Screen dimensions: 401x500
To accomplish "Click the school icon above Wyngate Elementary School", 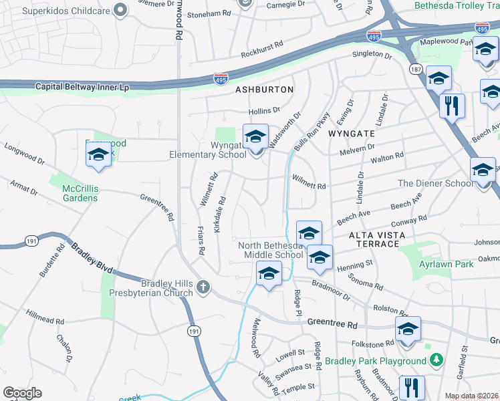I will tap(255, 138).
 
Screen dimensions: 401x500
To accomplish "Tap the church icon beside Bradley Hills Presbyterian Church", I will tap(203, 287).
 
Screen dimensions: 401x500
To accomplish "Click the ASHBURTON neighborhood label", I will tap(264, 89).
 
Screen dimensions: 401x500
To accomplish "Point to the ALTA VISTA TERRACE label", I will tap(374, 239).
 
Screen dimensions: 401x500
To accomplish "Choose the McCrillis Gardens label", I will tap(80, 193).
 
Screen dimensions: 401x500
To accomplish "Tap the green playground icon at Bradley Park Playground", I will tap(436, 361).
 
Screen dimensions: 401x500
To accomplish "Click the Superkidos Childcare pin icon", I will tap(120, 10).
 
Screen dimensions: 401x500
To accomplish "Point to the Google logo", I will tap(22, 393).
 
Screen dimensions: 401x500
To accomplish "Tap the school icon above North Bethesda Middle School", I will tap(309, 234).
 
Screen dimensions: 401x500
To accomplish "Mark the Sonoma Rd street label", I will tap(369, 285).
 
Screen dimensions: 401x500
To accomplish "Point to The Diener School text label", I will tap(435, 183).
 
